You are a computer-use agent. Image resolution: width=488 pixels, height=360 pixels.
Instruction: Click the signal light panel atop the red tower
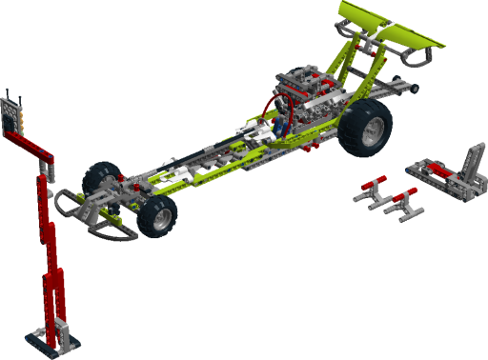pos(14,115)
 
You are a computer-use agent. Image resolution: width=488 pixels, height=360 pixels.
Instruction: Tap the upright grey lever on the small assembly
pos(471,157)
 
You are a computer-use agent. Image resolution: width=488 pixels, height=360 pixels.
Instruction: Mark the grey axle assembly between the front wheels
pos(124,195)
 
